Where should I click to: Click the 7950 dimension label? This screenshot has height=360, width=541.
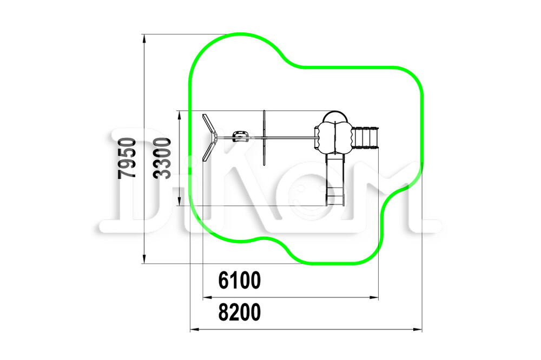tap(127, 158)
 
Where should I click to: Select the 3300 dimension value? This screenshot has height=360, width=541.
tap(162, 158)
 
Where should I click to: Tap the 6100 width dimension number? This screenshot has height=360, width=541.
tap(240, 280)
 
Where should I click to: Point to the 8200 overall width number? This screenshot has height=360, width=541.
tap(240, 312)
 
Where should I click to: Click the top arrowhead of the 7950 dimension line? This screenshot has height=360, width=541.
tap(144, 38)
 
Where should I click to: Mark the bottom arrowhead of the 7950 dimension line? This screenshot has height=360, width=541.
tap(144, 259)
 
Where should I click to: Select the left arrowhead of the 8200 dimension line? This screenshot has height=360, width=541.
tap(195, 330)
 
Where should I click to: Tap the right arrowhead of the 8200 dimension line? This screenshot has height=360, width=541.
tap(418, 330)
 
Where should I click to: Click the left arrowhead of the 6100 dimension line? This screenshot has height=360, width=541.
tap(207, 297)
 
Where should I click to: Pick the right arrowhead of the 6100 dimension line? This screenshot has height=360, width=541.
tap(374, 297)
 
